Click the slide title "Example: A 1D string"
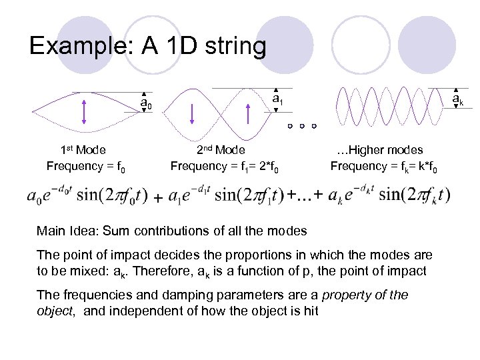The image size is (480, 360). point(147,46)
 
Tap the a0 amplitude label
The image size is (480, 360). point(146,104)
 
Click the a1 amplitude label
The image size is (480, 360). point(279,101)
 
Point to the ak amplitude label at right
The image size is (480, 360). point(457,100)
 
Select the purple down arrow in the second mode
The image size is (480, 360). point(192,114)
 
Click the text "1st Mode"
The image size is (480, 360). point(83,150)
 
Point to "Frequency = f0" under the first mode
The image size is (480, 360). point(86,166)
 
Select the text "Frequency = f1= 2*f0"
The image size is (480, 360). point(229,166)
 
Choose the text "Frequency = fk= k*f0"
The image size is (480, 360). point(384,166)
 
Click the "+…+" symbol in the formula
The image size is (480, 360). point(305,194)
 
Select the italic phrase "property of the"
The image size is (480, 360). point(368,295)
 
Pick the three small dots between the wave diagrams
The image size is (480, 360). point(302,126)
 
